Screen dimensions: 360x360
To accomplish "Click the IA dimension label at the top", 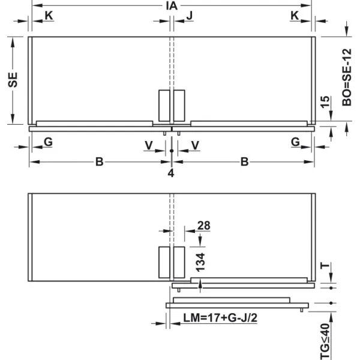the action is [172, 6].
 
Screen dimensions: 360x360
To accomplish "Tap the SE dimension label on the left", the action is [13, 80].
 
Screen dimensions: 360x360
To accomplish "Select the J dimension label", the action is [190, 16].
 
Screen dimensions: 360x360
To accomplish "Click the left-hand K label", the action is [49, 16].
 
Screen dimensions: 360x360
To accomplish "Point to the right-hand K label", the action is [295, 16].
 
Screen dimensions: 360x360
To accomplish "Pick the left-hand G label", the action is [48, 142].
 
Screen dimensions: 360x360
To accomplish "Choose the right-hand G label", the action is [295, 142].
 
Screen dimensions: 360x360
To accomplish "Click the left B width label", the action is [100, 162].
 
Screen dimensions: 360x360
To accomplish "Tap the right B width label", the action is [245, 162].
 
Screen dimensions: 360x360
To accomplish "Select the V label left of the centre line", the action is [149, 145].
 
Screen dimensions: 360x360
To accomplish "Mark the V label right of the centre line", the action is [195, 145].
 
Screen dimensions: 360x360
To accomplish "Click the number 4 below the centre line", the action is [171, 173].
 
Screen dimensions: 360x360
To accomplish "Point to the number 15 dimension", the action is [325, 102].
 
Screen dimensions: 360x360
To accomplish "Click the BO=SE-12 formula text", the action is [347, 77].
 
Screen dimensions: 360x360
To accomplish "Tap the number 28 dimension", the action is [203, 226].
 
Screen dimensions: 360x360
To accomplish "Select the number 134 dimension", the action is [200, 262].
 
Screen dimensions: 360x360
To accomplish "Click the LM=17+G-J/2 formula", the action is [220, 318].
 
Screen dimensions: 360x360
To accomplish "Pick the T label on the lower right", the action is [325, 266].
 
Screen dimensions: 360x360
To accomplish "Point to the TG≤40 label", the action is [325, 341].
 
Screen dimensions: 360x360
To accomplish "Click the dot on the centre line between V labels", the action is [172, 151].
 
